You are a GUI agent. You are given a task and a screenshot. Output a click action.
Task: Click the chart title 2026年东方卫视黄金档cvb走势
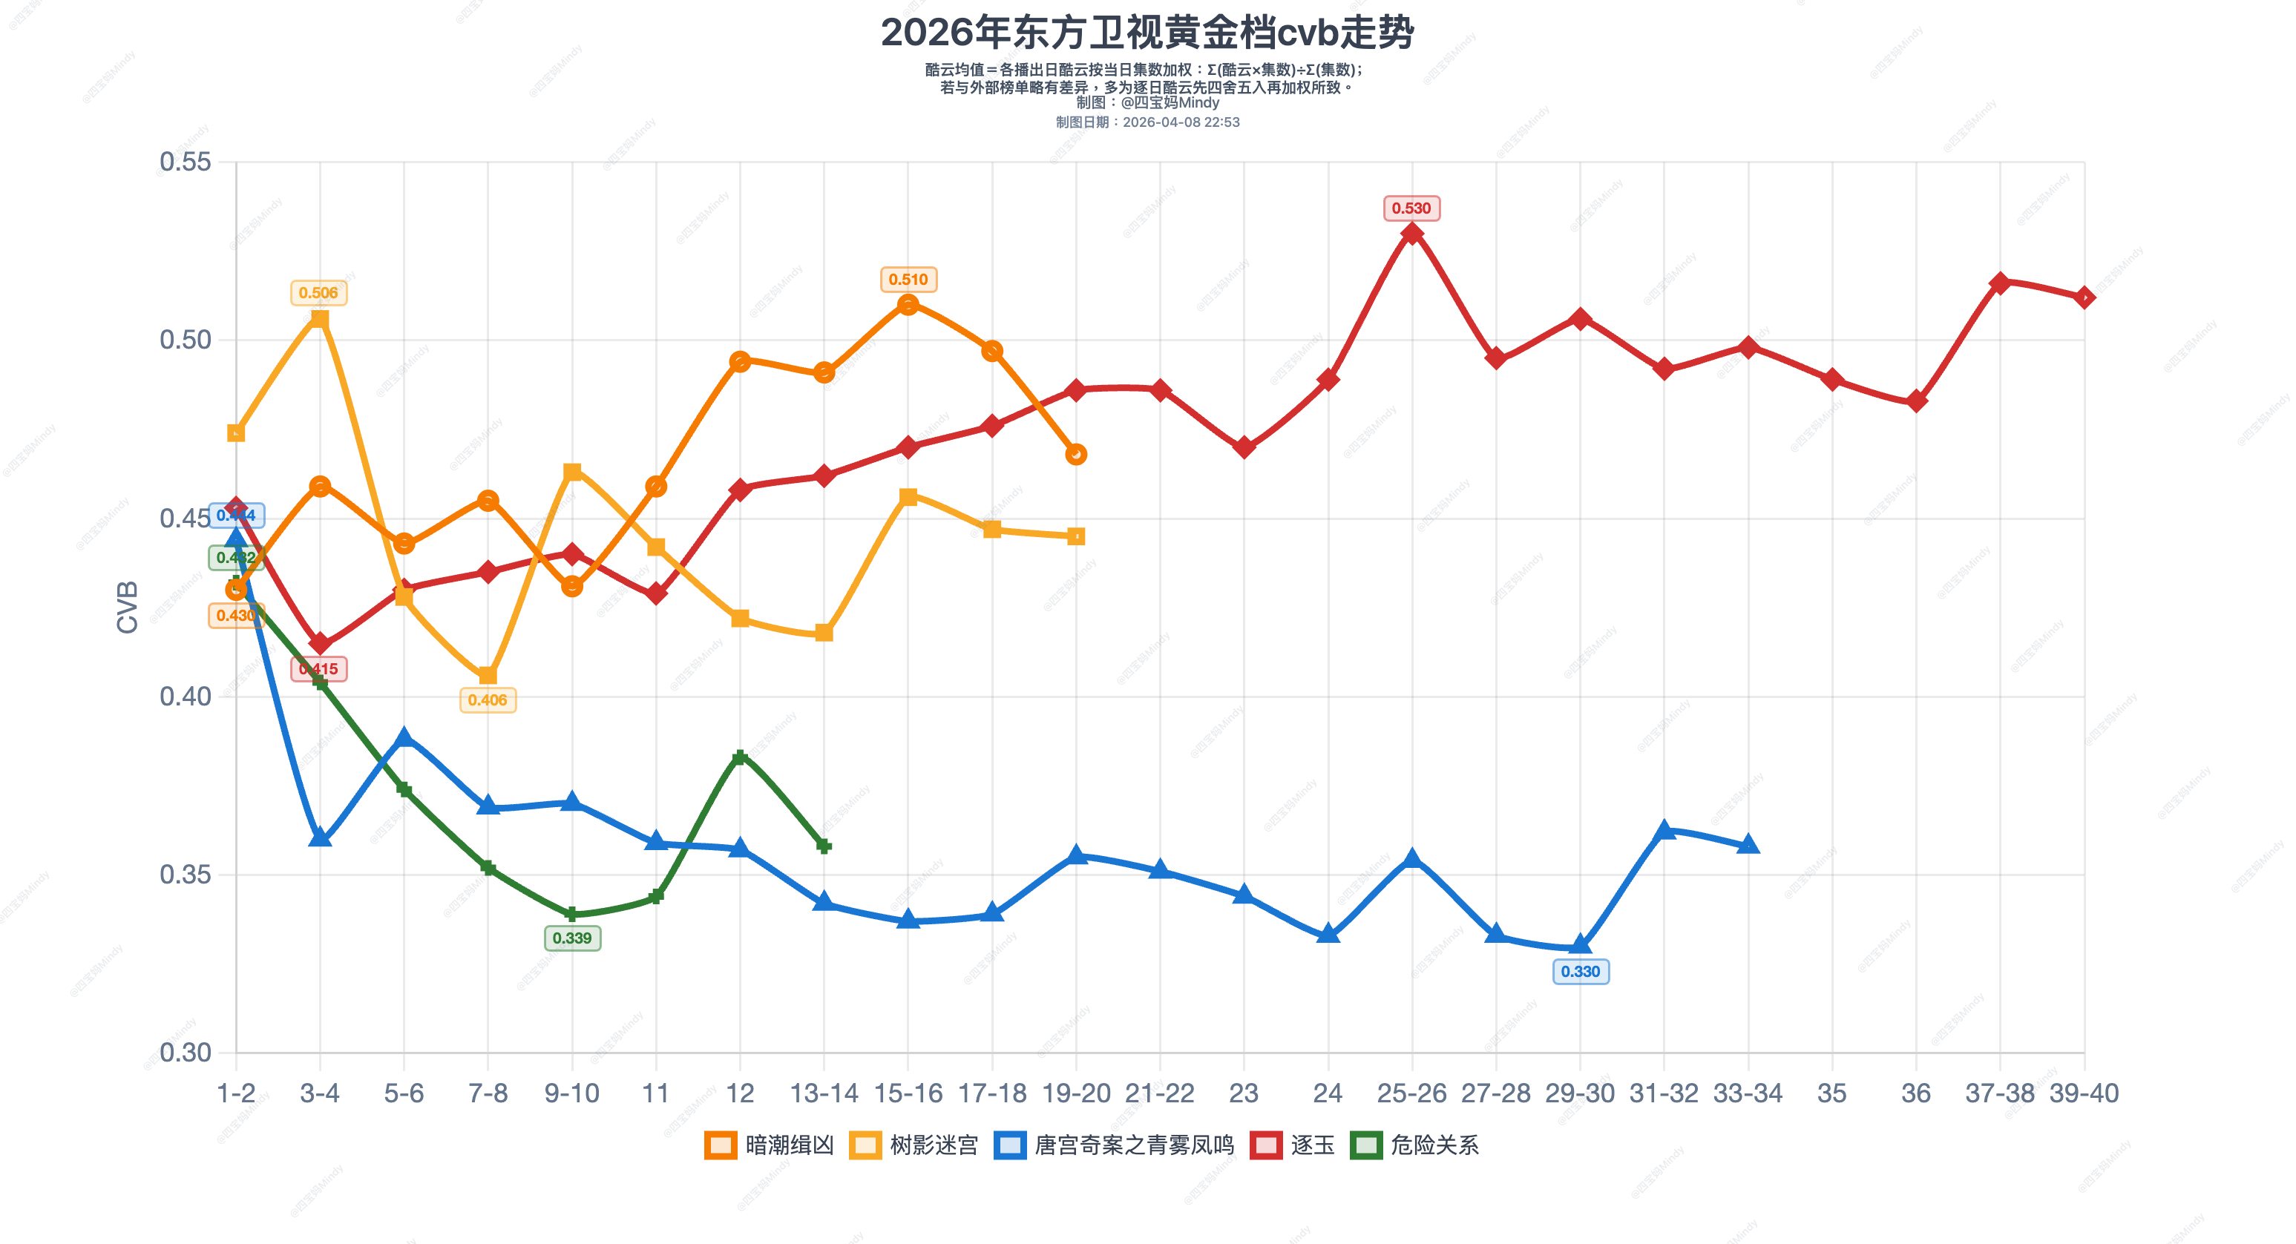1147,33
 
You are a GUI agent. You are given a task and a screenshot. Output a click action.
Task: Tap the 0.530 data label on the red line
1411,208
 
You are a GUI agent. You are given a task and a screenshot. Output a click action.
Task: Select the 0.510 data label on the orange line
908,280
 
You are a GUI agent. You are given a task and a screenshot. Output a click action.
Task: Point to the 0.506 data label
318,293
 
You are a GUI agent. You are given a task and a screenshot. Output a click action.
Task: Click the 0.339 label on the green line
571,938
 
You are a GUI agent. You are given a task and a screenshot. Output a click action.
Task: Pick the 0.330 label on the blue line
1581,971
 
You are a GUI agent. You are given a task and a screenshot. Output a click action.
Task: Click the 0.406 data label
488,700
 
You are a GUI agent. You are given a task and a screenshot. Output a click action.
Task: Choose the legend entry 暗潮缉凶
770,1145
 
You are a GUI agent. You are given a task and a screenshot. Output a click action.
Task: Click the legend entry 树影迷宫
914,1145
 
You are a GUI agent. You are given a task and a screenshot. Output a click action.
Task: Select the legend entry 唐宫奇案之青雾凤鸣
1114,1145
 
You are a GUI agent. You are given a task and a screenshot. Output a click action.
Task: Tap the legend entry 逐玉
1293,1145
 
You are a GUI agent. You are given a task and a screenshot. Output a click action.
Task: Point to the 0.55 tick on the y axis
186,162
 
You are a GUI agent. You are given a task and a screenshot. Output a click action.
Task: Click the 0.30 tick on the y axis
186,1053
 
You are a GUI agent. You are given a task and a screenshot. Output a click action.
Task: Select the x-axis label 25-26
1411,1093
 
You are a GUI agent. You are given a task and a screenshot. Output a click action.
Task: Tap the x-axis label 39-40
2083,1093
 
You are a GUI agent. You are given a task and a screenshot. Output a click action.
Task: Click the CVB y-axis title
128,607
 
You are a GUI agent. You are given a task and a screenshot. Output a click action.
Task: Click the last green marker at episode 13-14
824,846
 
